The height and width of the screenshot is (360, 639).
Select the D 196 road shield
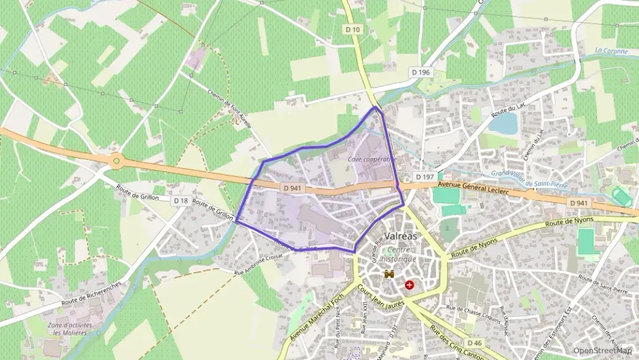(x=421, y=72)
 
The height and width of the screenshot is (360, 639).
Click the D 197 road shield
(x=425, y=177)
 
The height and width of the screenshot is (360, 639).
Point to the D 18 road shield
(x=180, y=200)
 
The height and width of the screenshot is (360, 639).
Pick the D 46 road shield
(x=475, y=342)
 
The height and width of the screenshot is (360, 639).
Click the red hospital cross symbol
(x=410, y=284)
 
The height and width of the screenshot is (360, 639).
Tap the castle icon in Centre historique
(x=390, y=274)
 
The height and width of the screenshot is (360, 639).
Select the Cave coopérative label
(x=371, y=159)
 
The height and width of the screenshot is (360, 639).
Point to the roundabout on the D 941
(x=117, y=162)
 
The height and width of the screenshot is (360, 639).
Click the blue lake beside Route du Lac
(x=503, y=124)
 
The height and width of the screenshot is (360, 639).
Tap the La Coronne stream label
(x=610, y=51)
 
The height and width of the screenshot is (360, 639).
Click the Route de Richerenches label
(x=91, y=293)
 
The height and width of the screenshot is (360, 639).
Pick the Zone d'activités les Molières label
(x=70, y=330)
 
